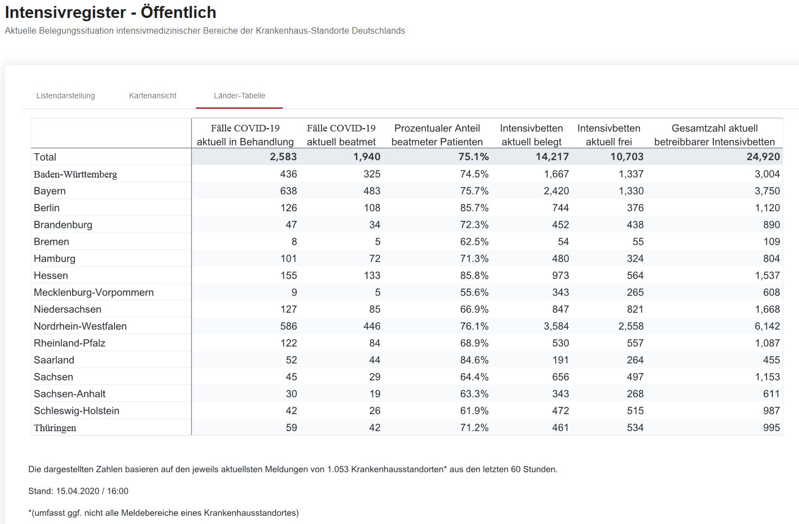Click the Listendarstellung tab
66,96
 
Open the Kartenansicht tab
153,96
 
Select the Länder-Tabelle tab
239,96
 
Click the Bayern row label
49,191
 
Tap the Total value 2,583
283,157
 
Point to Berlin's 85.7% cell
474,208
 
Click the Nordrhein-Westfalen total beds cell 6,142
767,326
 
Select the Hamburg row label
55,258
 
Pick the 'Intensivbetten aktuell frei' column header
609,135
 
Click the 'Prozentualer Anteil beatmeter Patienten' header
437,135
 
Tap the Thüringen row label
55,428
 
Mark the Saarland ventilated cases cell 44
375,360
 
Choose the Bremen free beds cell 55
638,242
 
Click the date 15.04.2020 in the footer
78,491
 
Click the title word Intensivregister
66,12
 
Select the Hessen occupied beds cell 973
560,275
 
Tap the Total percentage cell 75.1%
473,157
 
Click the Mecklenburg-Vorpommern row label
94,292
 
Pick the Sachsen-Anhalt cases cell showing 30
291,394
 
